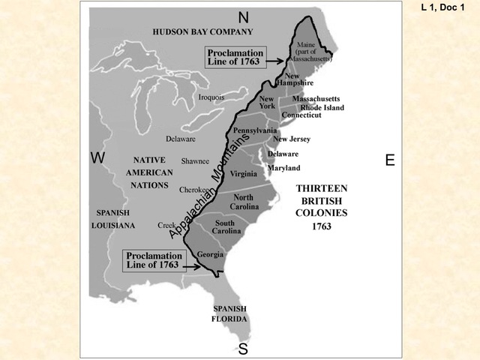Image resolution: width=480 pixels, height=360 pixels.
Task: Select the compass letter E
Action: point(390,160)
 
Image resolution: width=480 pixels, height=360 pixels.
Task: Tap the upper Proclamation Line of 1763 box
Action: point(235,58)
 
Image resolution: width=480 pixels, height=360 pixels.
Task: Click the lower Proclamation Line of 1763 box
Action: point(153,259)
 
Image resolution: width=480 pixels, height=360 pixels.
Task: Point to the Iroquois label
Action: point(211,97)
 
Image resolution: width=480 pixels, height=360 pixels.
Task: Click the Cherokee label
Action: point(193,190)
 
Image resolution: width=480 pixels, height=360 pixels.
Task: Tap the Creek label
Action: point(166,225)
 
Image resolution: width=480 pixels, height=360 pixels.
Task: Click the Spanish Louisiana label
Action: point(113,218)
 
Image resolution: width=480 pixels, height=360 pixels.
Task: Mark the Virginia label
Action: point(243,174)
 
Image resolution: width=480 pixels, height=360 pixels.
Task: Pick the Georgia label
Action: point(210,254)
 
